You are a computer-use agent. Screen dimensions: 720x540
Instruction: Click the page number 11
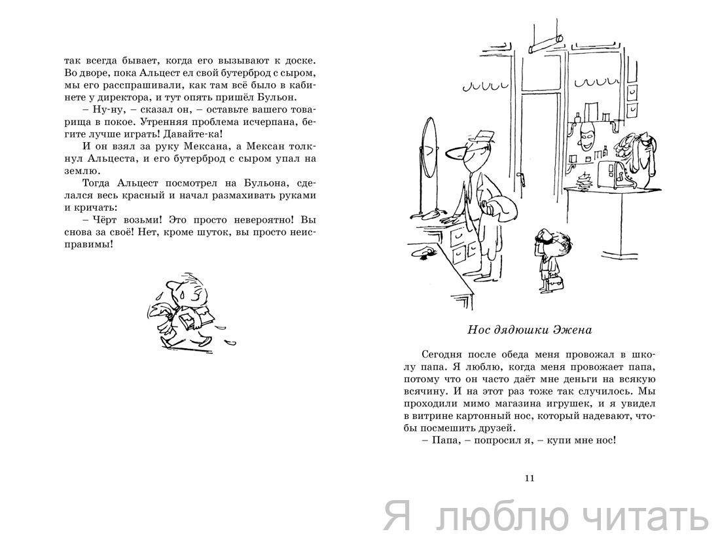(x=529, y=478)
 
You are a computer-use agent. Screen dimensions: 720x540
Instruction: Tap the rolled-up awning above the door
(x=547, y=45)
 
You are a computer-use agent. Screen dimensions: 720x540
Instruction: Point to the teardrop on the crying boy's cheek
(x=181, y=293)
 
